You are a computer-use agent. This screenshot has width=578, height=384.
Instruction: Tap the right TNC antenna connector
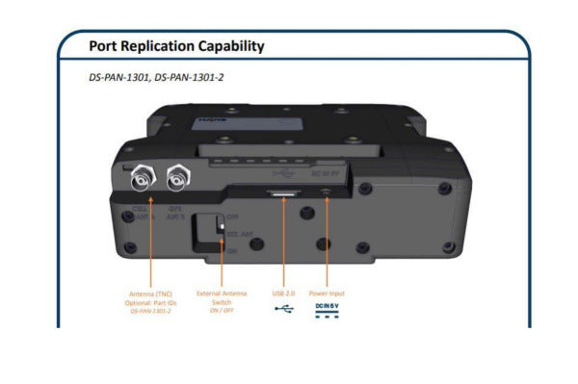[178, 176]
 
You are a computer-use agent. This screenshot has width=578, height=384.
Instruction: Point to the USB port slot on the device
[284, 194]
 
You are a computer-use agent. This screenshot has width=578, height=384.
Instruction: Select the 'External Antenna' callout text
[222, 293]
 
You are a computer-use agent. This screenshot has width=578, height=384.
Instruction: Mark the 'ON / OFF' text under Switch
[222, 309]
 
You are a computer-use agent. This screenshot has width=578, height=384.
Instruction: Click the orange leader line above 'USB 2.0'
[284, 245]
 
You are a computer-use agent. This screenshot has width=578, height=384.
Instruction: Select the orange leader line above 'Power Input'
[327, 245]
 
